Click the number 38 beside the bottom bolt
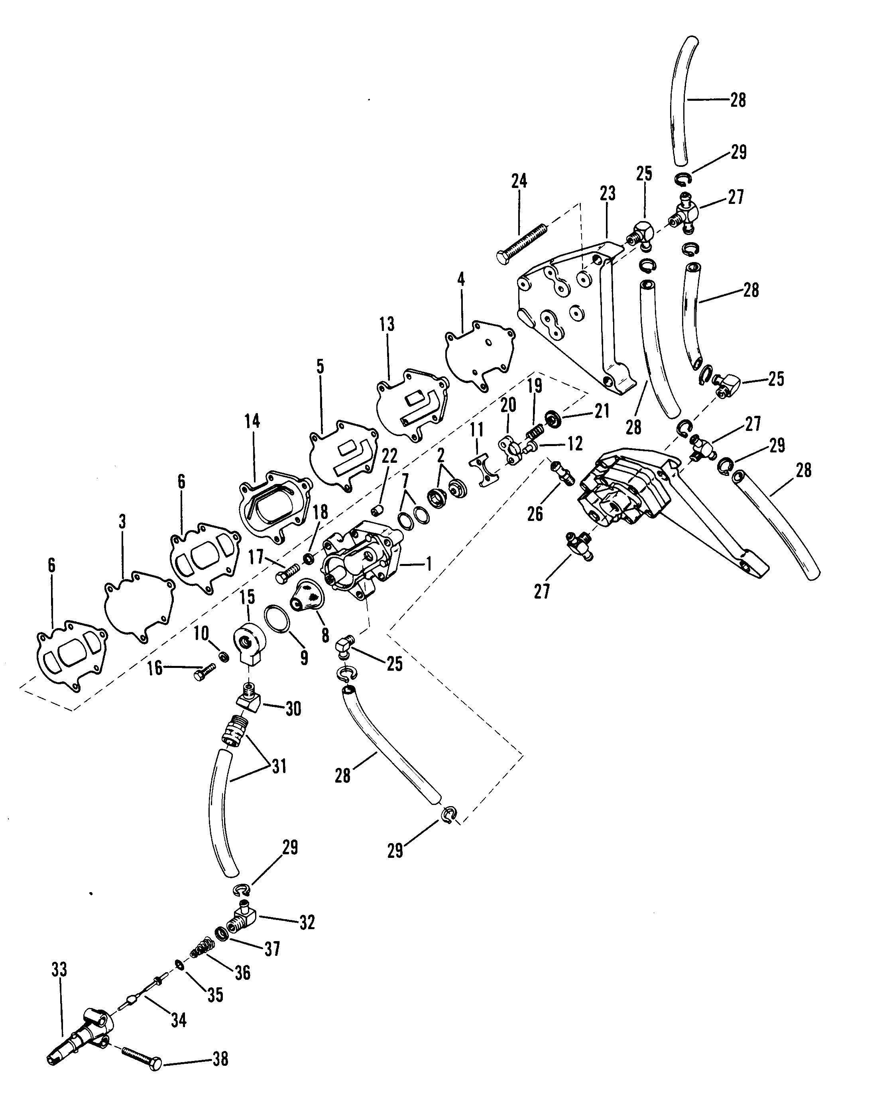click(220, 1059)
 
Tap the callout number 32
click(307, 922)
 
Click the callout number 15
click(247, 597)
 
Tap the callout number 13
click(387, 324)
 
